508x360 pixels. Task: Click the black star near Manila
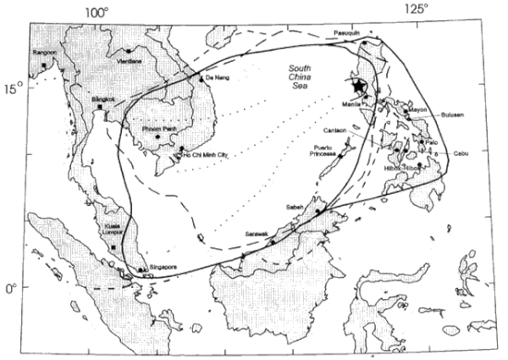[x=359, y=85]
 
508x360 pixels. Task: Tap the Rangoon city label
[x=44, y=53]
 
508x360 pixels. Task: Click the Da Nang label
[x=215, y=76]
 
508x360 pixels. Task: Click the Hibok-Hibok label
[x=404, y=168]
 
